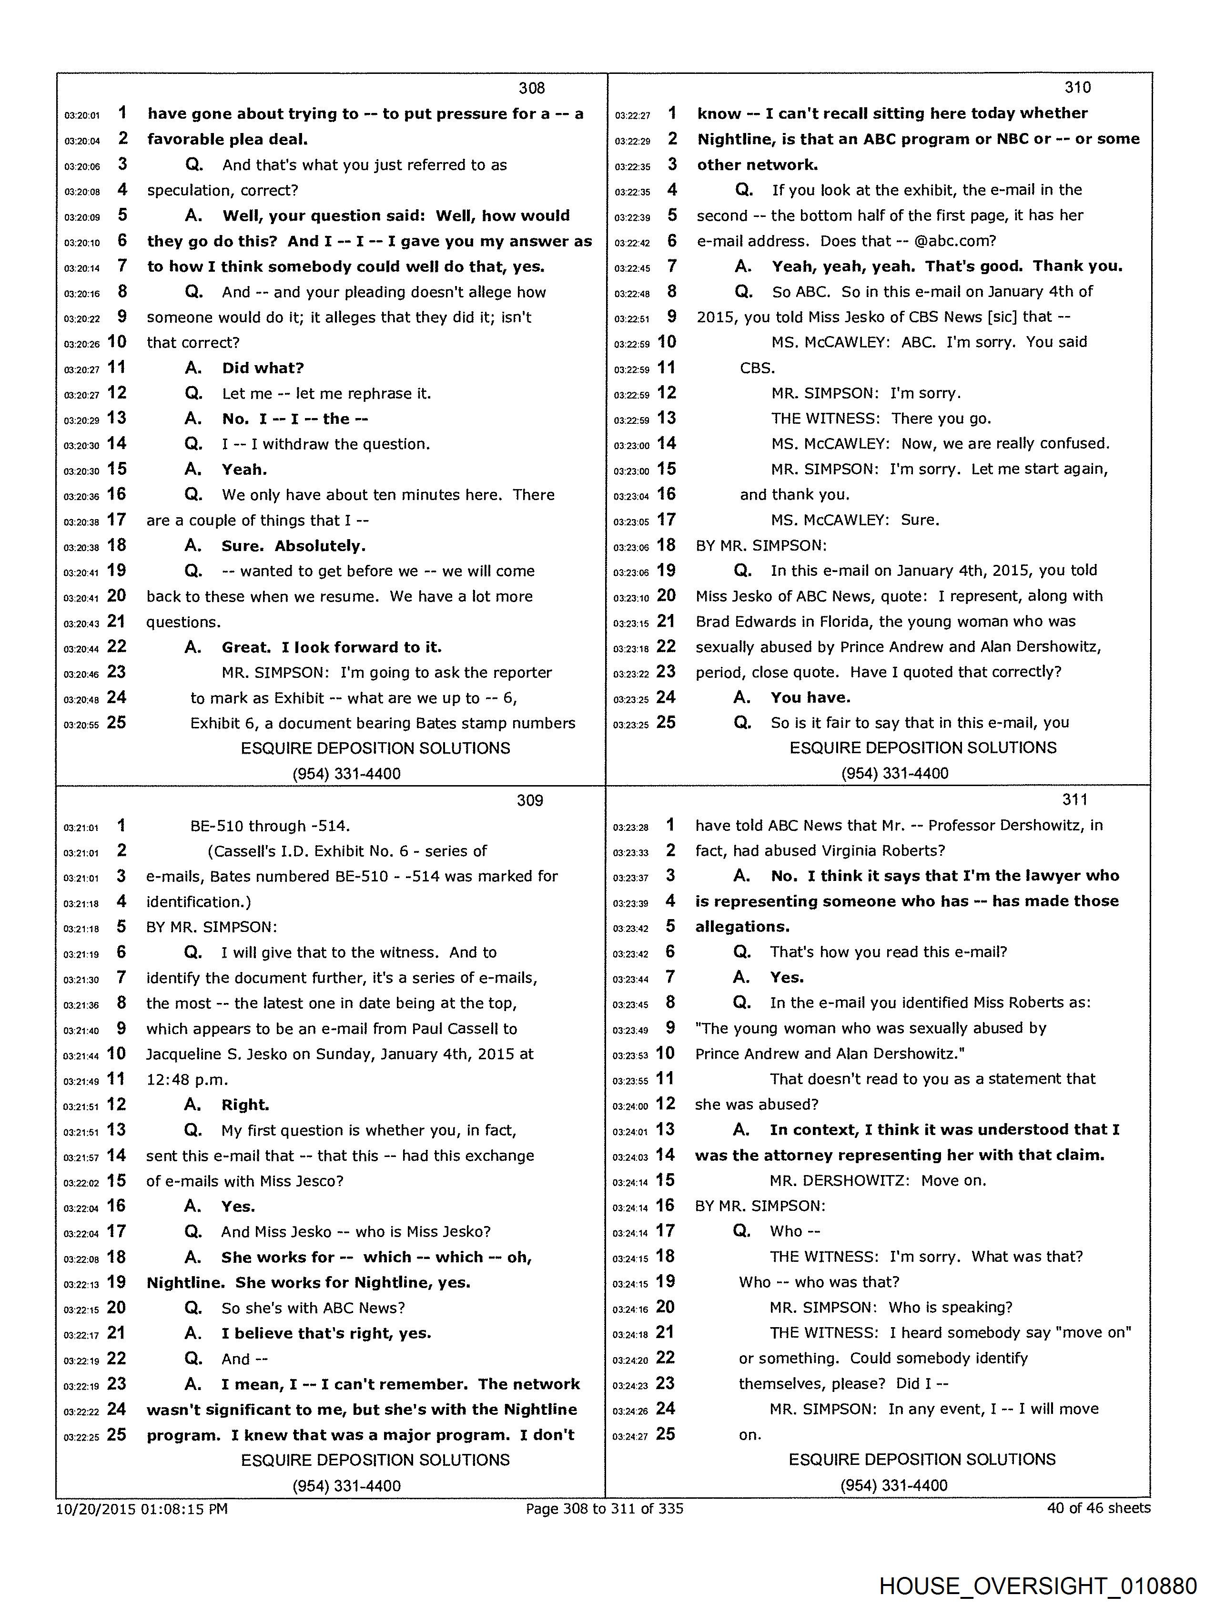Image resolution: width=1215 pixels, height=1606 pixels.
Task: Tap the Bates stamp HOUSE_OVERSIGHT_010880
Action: tap(1038, 1585)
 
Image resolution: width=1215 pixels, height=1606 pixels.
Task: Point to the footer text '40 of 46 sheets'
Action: tap(1098, 1508)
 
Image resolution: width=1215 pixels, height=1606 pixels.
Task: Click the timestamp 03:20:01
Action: tap(82, 115)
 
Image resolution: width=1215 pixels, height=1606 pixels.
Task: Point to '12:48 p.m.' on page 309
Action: tap(187, 1080)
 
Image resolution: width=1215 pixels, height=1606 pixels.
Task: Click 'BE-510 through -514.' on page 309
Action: tap(270, 826)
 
